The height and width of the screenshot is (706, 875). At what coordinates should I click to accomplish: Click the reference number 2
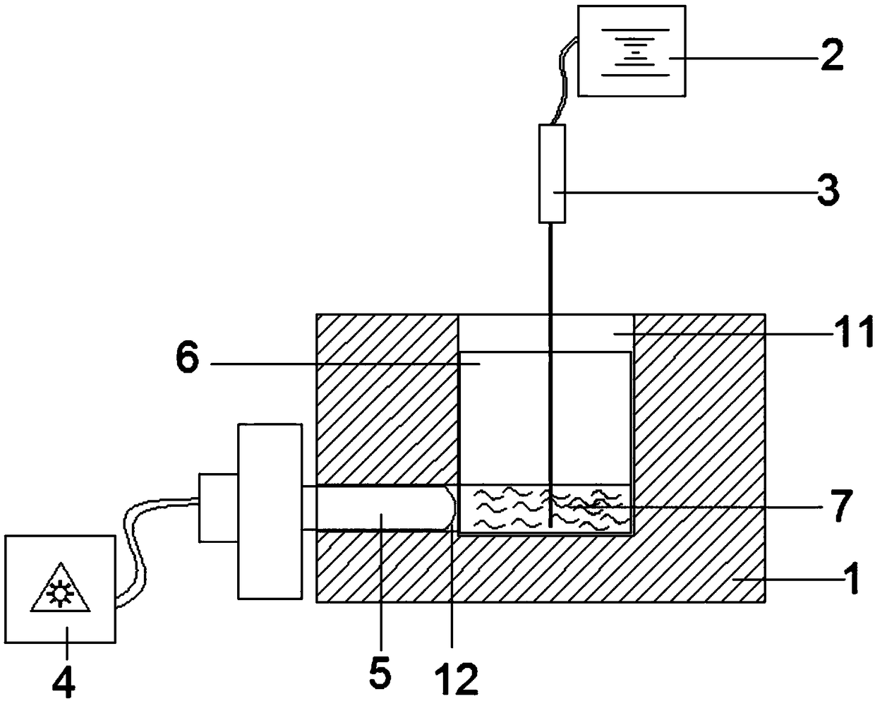click(831, 54)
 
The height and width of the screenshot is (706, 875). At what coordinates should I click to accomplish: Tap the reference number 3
click(828, 189)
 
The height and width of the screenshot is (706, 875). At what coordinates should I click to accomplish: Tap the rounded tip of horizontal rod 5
click(449, 508)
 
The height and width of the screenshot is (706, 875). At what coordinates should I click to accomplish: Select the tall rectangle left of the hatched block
click(270, 511)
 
